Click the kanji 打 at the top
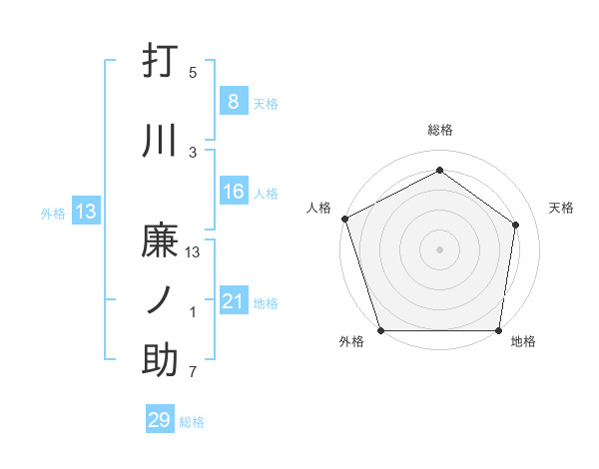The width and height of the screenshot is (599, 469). pyautogui.click(x=160, y=63)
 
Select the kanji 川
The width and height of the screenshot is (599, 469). pyautogui.click(x=160, y=142)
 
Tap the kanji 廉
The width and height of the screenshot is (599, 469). pyautogui.click(x=160, y=242)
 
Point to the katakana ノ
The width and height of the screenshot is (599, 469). pyautogui.click(x=160, y=300)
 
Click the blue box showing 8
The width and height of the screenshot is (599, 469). pyautogui.click(x=233, y=102)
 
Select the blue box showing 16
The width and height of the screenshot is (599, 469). pyautogui.click(x=233, y=193)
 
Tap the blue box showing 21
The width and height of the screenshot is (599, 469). pyautogui.click(x=233, y=301)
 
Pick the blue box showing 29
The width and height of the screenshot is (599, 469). pyautogui.click(x=160, y=420)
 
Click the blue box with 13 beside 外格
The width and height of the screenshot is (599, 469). pyautogui.click(x=85, y=211)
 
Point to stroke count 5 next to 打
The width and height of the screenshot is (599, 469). pyautogui.click(x=193, y=73)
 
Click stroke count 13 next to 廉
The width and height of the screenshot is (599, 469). pyautogui.click(x=193, y=252)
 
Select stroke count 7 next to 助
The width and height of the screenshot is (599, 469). pyautogui.click(x=193, y=373)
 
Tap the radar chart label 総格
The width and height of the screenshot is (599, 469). pyautogui.click(x=439, y=130)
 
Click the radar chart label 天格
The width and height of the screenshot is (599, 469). pyautogui.click(x=562, y=208)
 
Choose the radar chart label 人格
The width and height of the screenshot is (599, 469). pyautogui.click(x=318, y=208)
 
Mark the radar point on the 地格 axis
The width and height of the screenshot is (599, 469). pyautogui.click(x=498, y=330)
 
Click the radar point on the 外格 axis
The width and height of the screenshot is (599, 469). pyautogui.click(x=380, y=330)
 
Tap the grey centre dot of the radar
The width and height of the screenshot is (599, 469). pyautogui.click(x=439, y=248)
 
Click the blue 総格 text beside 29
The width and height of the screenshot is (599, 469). pyautogui.click(x=192, y=422)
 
